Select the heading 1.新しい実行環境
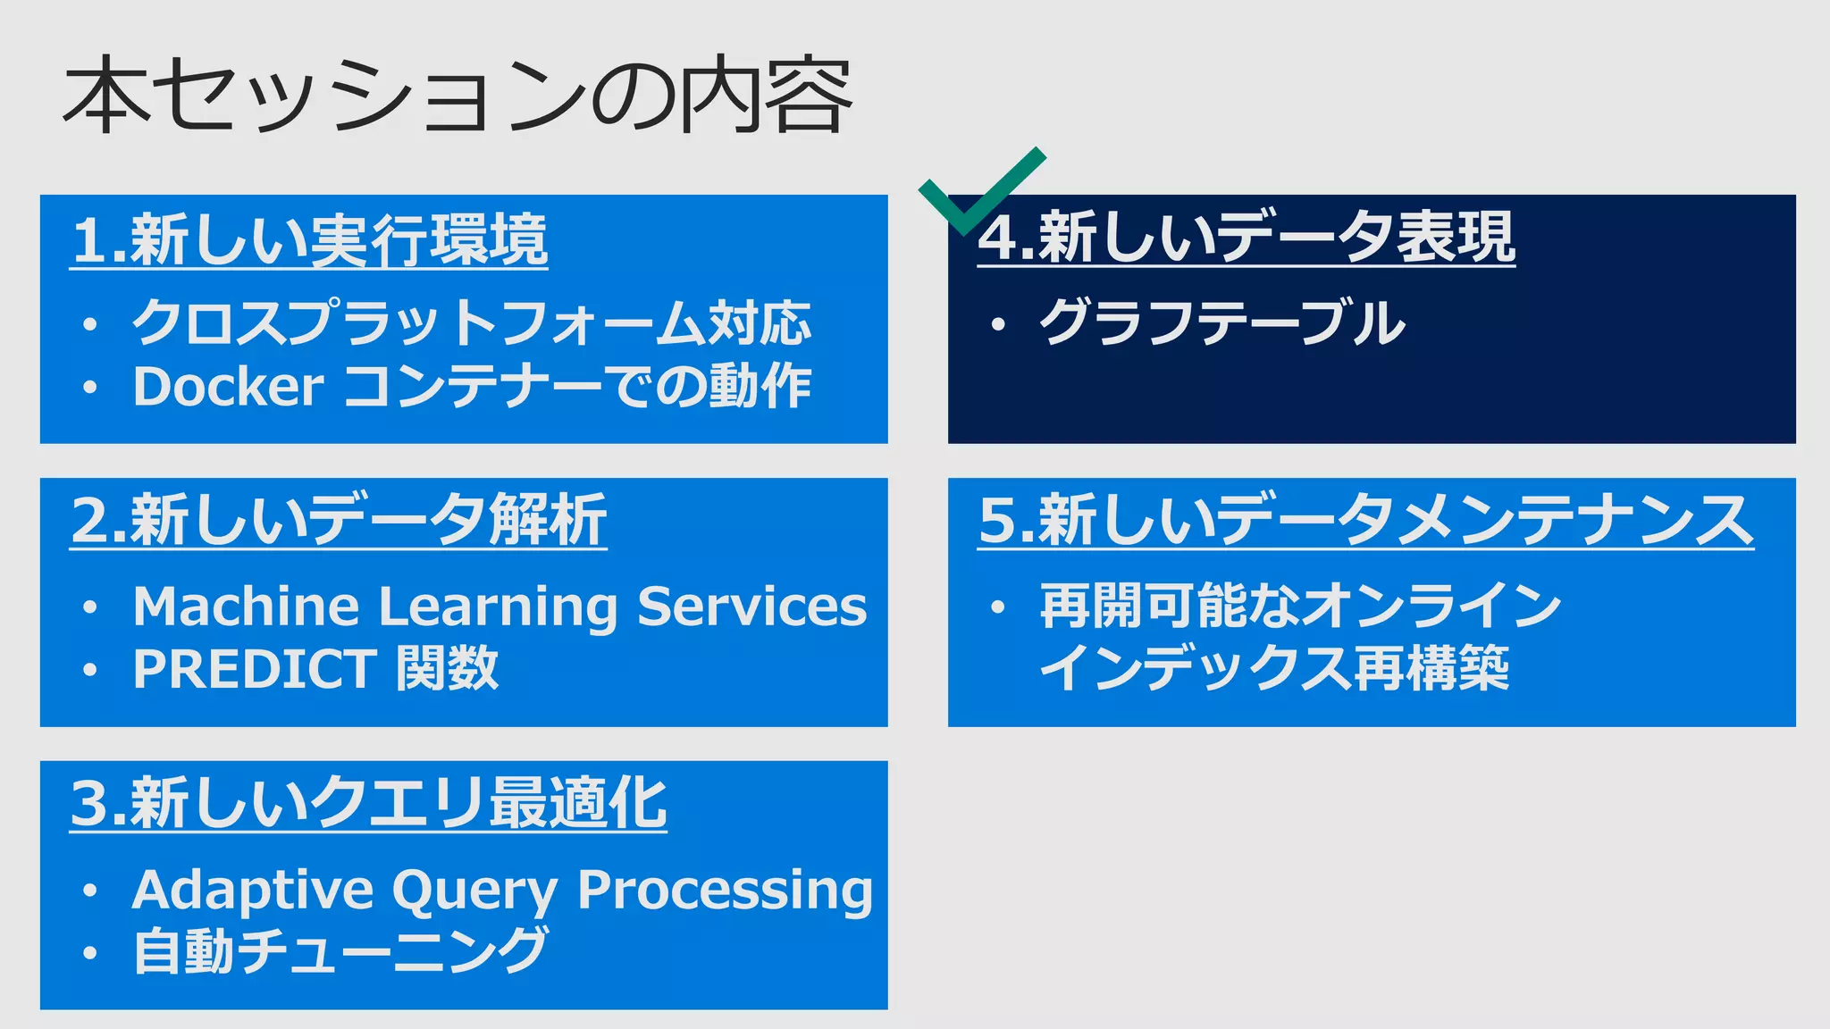pyautogui.click(x=309, y=241)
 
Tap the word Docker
pyautogui.click(x=228, y=387)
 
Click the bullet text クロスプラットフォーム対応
pyautogui.click(x=471, y=323)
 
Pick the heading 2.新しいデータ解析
pyautogui.click(x=339, y=521)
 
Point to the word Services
pyautogui.click(x=751, y=607)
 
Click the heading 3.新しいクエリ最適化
pyautogui.click(x=368, y=804)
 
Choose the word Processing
pyautogui.click(x=725, y=891)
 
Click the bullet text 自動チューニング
pyautogui.click(x=340, y=951)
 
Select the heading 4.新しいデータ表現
pyautogui.click(x=1247, y=238)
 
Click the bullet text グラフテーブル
pyautogui.click(x=1221, y=323)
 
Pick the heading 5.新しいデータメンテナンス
pyautogui.click(x=1365, y=521)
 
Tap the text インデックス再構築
pyautogui.click(x=1274, y=669)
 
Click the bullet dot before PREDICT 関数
pyautogui.click(x=89, y=670)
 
